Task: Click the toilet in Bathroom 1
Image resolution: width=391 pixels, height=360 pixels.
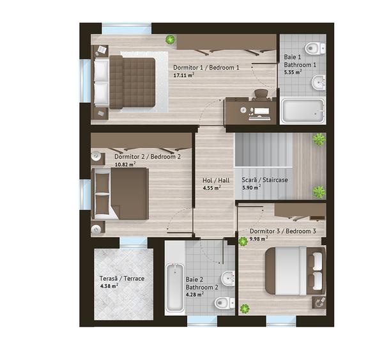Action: pyautogui.click(x=316, y=48)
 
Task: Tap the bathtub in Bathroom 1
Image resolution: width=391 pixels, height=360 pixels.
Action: pyautogui.click(x=303, y=111)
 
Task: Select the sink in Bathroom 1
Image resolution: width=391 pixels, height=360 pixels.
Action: pyautogui.click(x=318, y=82)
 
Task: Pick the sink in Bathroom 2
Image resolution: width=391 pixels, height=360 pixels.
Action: pyautogui.click(x=228, y=278)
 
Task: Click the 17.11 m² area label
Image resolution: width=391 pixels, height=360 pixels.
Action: pyautogui.click(x=184, y=75)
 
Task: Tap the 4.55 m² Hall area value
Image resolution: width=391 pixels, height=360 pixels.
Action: pyautogui.click(x=211, y=188)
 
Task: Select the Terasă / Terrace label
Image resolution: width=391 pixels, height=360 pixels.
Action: pyautogui.click(x=122, y=278)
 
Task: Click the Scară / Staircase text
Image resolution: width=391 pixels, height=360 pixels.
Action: pyautogui.click(x=264, y=180)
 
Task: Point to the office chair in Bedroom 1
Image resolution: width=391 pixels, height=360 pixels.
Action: pyautogui.click(x=261, y=95)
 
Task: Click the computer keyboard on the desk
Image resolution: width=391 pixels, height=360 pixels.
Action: pyautogui.click(x=259, y=118)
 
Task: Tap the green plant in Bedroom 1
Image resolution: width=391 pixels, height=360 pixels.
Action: pyautogui.click(x=171, y=40)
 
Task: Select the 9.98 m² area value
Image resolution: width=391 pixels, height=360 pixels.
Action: pyautogui.click(x=259, y=239)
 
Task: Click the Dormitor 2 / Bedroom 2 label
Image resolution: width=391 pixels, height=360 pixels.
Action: pyautogui.click(x=148, y=157)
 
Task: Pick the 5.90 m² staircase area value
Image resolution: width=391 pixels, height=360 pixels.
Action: pyautogui.click(x=252, y=187)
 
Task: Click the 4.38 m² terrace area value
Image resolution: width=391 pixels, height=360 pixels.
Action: pyautogui.click(x=109, y=286)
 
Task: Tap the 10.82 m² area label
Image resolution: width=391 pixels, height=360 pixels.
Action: pyautogui.click(x=125, y=164)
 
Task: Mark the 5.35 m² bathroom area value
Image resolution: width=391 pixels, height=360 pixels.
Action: pyautogui.click(x=293, y=72)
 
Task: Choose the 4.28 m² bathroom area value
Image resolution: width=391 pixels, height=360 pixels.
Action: pyautogui.click(x=195, y=295)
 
